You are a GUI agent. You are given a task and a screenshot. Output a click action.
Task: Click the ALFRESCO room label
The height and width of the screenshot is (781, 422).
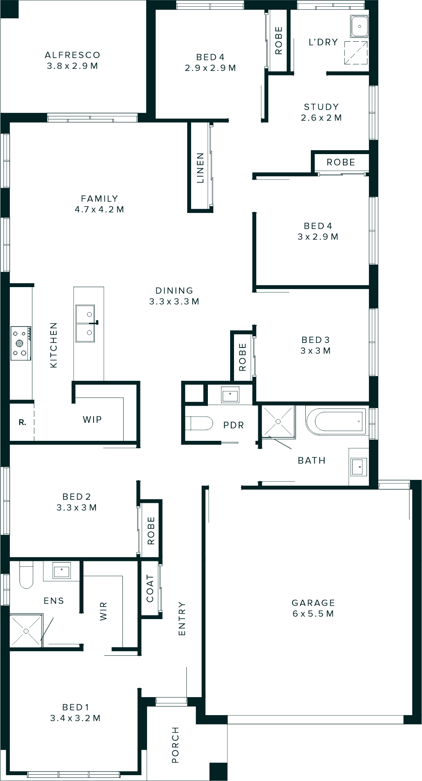73,55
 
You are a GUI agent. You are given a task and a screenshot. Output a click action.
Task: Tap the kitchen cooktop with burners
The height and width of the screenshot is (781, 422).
21,343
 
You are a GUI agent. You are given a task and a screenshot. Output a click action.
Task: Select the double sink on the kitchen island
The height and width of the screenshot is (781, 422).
85,323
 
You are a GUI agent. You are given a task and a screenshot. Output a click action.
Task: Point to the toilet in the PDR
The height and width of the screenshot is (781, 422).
199,423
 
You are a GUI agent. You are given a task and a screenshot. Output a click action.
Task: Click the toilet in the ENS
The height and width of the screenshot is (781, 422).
27,575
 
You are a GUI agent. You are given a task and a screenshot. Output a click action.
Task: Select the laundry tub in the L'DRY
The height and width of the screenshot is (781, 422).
359,27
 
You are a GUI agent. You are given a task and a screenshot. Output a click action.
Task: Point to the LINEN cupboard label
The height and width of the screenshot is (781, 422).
200,168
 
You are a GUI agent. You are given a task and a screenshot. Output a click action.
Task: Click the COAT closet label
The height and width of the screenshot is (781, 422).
150,588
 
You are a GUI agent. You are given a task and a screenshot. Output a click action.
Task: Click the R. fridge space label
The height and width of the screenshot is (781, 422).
22,422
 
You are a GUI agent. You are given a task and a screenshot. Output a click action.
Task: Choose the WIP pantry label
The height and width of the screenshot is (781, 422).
92,420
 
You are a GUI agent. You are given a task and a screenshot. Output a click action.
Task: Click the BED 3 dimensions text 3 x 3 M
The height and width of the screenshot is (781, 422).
316,351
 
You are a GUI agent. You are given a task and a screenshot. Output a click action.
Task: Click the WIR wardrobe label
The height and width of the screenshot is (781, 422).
103,611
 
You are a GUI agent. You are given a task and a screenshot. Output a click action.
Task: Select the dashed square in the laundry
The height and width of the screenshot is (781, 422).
356,53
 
